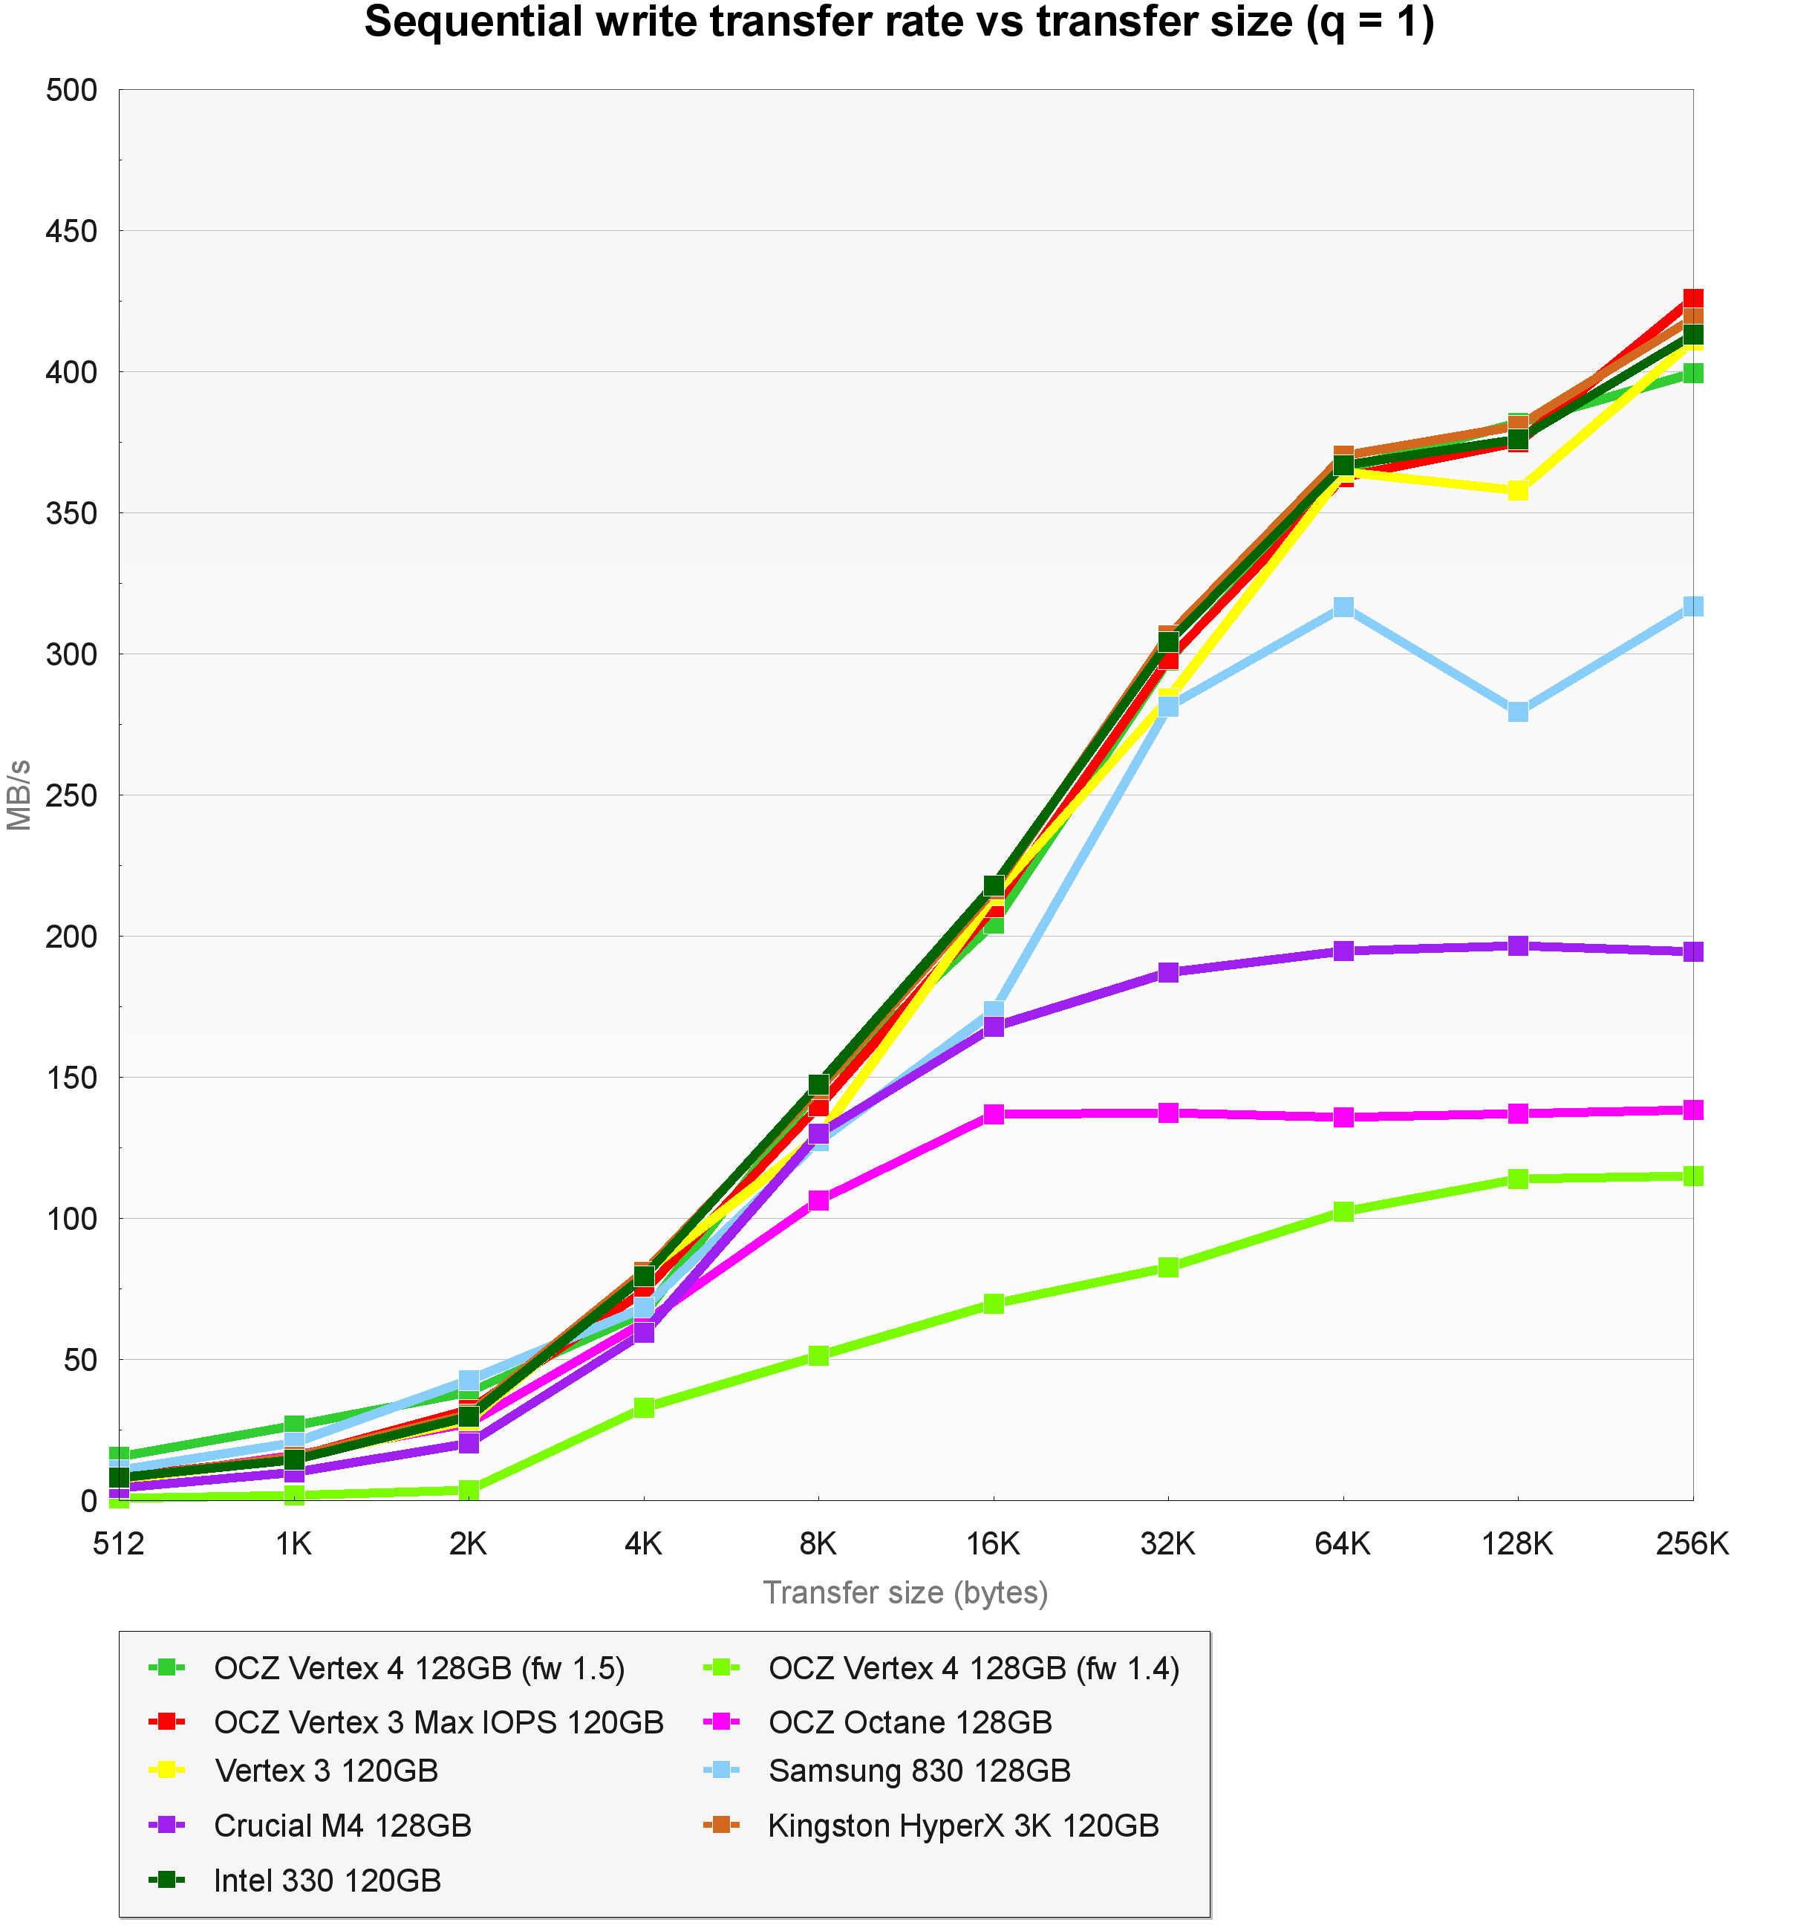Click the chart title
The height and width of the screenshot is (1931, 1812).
click(899, 23)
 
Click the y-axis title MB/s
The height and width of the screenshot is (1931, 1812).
click(19, 795)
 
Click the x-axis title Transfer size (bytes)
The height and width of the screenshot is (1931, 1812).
click(905, 1593)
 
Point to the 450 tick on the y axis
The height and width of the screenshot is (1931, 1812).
click(72, 231)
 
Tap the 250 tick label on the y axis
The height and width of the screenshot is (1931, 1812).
click(72, 795)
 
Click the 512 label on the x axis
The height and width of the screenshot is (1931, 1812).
click(119, 1543)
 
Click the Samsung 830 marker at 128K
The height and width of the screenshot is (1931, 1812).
click(1518, 711)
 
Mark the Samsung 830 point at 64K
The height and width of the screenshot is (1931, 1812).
click(1343, 607)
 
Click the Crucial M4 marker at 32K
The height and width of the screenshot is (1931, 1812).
click(1168, 972)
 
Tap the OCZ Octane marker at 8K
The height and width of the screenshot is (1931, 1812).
click(818, 1200)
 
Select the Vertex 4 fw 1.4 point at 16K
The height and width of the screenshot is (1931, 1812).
click(994, 1303)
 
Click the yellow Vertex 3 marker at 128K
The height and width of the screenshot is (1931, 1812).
click(1518, 490)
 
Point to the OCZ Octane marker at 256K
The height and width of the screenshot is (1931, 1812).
click(1692, 1110)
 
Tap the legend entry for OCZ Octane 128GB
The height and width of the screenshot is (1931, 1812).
click(910, 1722)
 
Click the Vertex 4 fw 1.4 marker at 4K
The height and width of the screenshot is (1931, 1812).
click(644, 1407)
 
